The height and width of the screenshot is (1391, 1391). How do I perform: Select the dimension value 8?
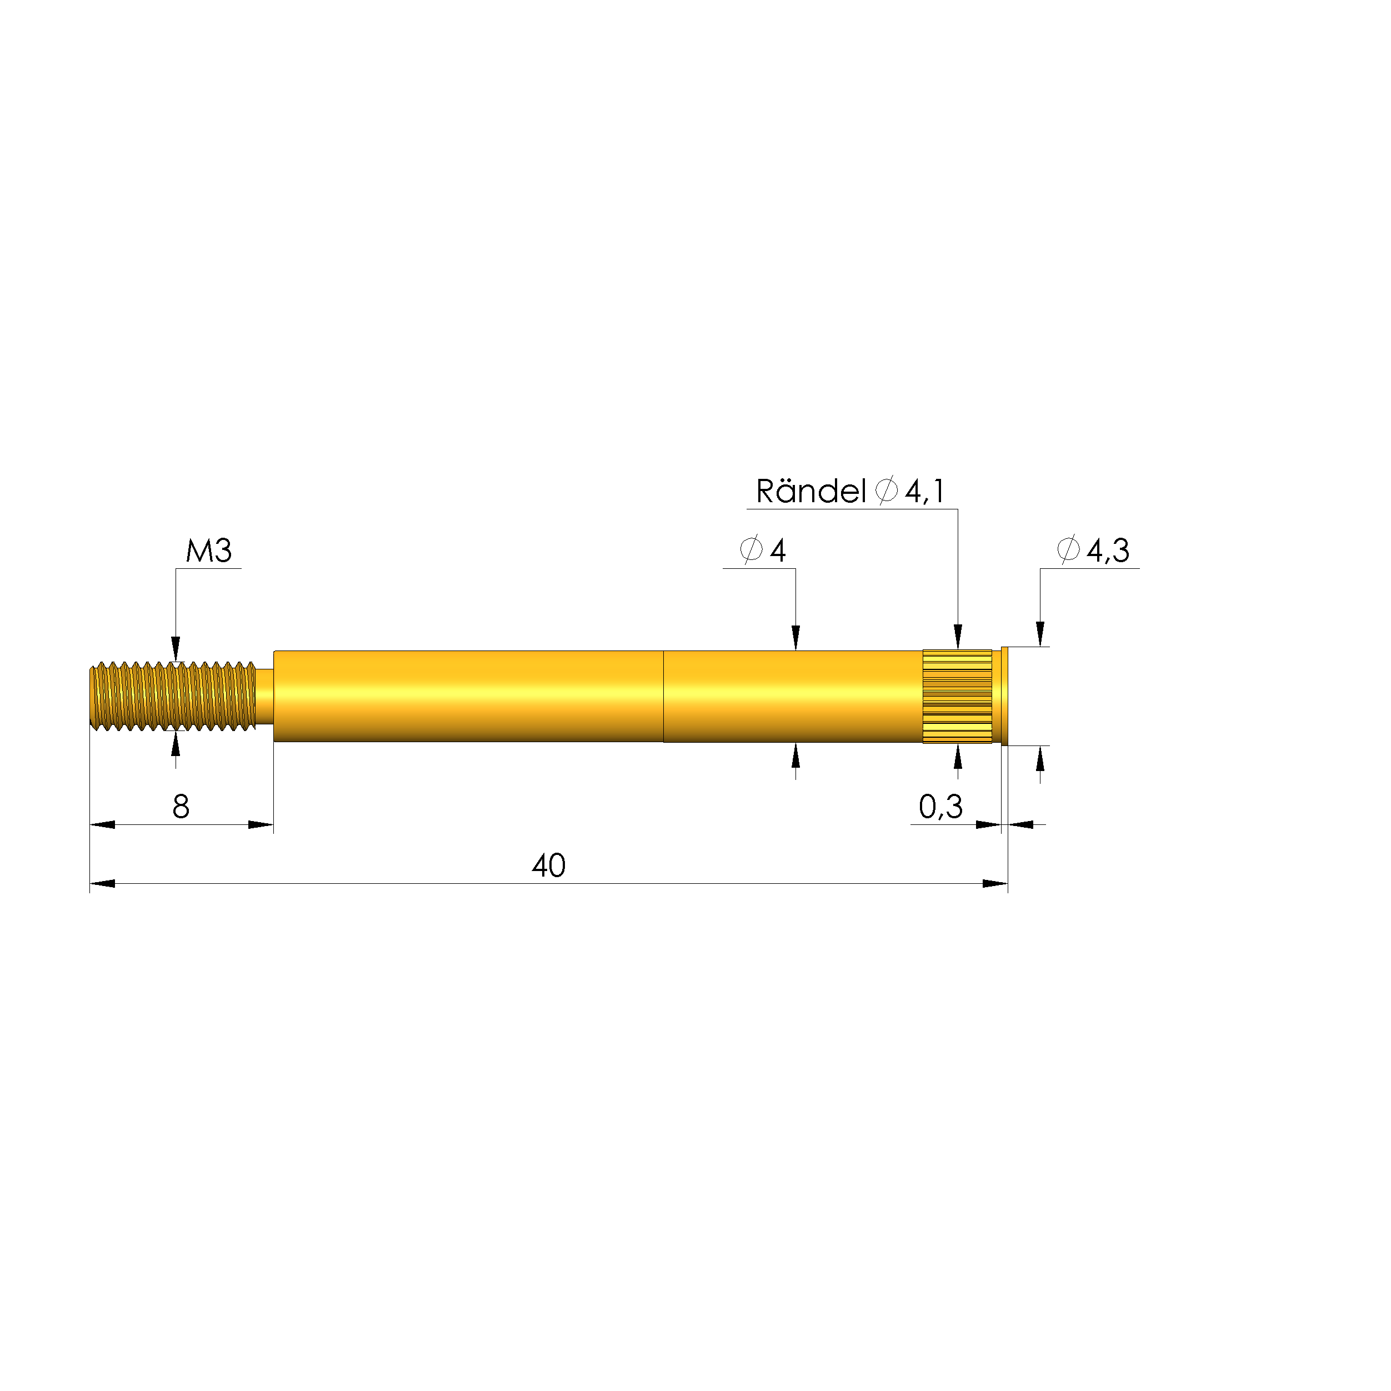(x=181, y=807)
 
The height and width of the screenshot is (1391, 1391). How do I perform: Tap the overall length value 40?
(x=549, y=866)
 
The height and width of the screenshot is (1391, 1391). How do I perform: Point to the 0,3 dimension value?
(x=940, y=807)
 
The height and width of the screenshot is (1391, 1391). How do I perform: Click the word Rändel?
(x=810, y=492)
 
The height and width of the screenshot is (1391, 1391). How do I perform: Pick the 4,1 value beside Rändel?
(x=925, y=492)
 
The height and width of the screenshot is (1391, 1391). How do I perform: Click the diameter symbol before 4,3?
(x=1068, y=550)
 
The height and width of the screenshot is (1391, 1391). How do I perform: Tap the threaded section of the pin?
(x=173, y=696)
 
